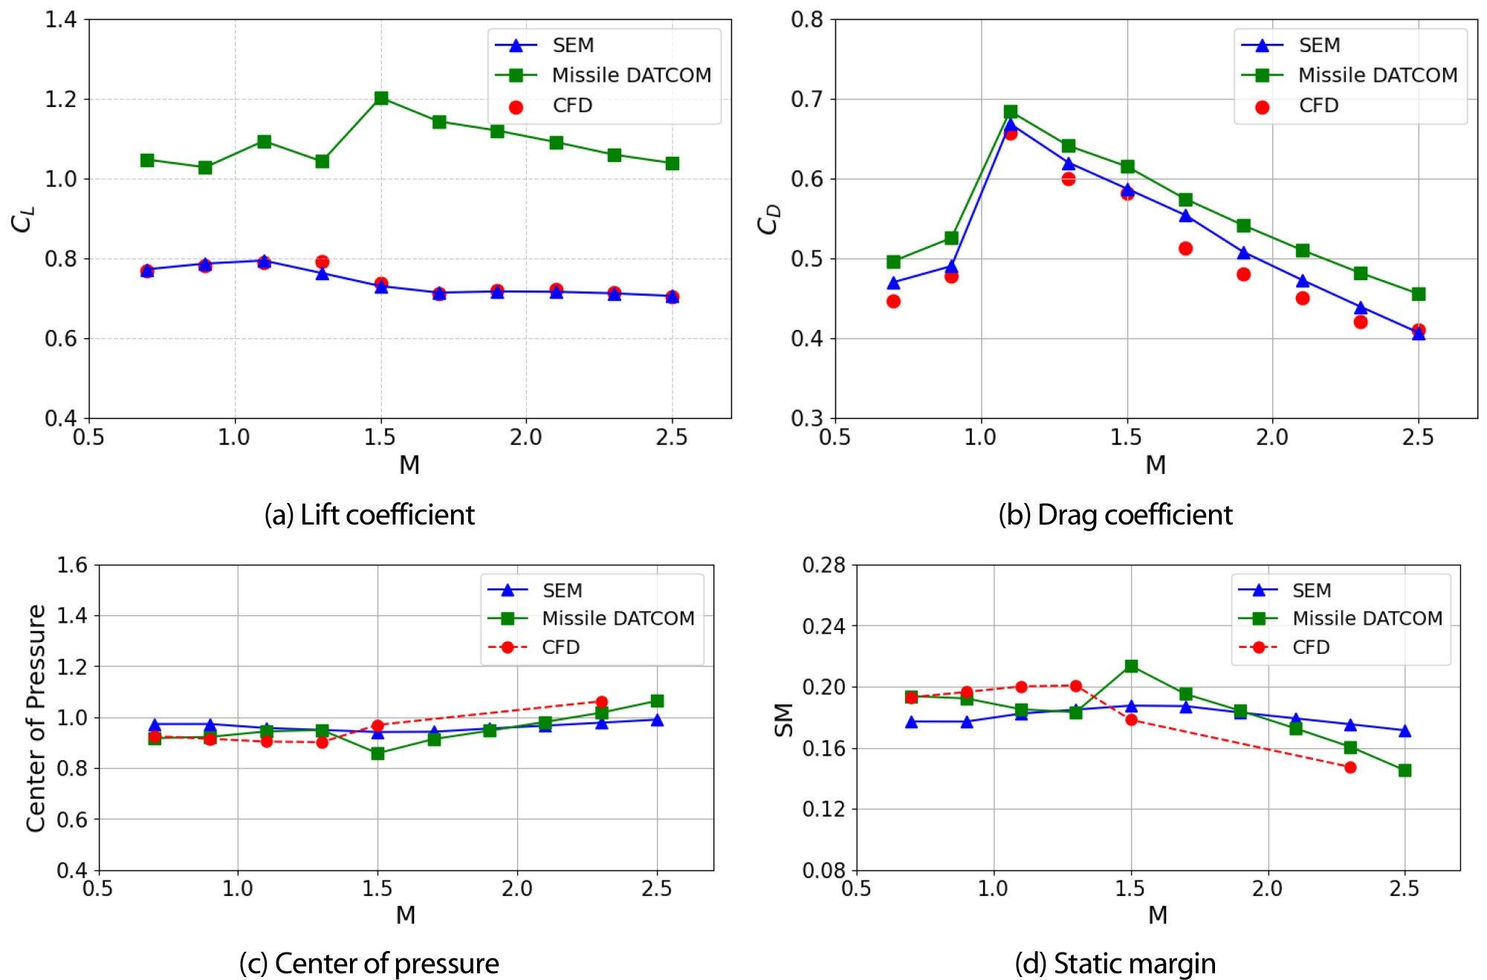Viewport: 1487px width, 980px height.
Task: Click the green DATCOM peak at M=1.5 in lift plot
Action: click(x=381, y=98)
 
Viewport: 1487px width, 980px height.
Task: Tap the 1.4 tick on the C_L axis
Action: click(x=61, y=19)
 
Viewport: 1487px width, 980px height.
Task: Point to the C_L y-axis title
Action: click(x=22, y=219)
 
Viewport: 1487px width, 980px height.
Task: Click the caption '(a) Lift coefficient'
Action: click(x=369, y=515)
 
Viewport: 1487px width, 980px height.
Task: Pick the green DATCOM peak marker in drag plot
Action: click(x=1011, y=111)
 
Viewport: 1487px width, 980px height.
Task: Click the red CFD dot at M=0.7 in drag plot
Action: click(x=893, y=301)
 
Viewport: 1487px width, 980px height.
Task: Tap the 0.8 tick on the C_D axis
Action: click(x=807, y=19)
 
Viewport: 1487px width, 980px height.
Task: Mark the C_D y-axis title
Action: click(x=768, y=219)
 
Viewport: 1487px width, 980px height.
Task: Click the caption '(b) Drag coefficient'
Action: click(x=1115, y=515)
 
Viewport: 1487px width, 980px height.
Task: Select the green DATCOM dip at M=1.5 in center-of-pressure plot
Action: click(x=378, y=753)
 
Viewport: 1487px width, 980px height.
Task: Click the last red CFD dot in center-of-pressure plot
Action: click(x=602, y=701)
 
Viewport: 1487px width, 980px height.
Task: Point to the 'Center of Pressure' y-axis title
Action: click(x=36, y=718)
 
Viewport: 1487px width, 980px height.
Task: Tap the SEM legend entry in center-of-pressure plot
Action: click(x=561, y=591)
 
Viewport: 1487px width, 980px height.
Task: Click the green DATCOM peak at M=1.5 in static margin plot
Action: click(x=1131, y=666)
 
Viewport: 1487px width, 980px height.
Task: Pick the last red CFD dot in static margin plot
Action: click(x=1350, y=768)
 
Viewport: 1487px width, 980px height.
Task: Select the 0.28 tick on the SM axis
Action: click(x=823, y=565)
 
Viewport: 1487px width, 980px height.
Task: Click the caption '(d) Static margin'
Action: click(x=1115, y=964)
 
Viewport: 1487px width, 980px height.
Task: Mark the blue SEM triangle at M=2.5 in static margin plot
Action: click(x=1405, y=731)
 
